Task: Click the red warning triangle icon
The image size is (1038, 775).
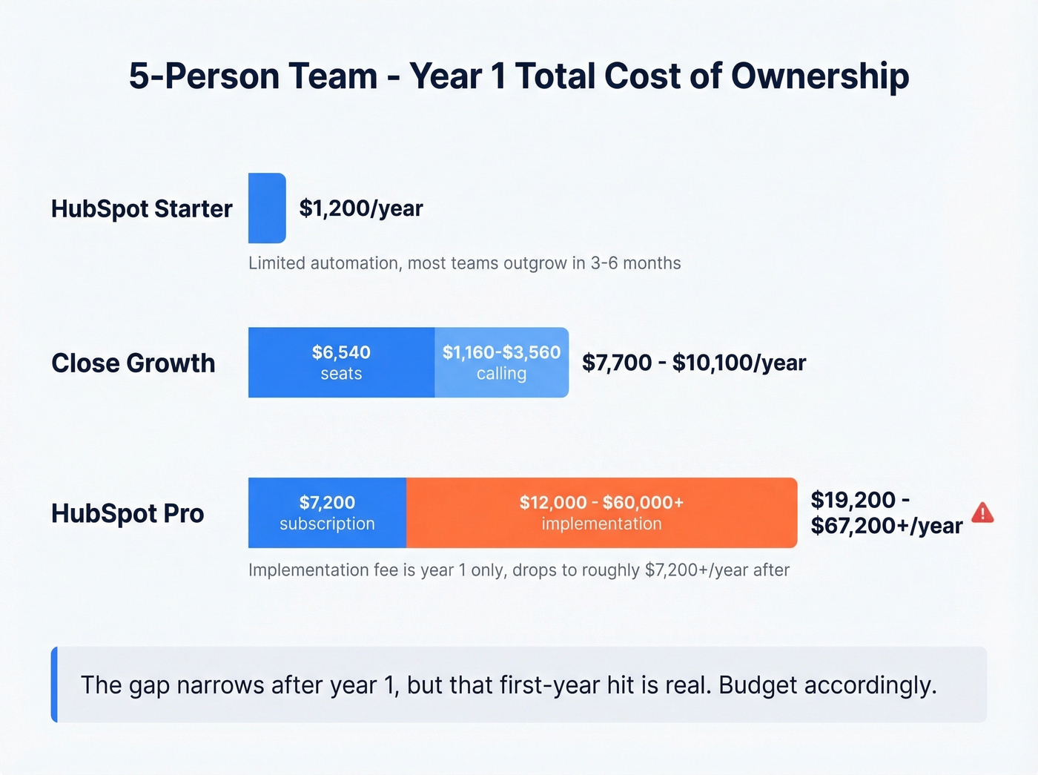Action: pyautogui.click(x=982, y=513)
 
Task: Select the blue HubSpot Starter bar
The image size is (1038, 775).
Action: pyautogui.click(x=267, y=208)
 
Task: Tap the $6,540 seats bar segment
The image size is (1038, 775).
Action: pyautogui.click(x=341, y=363)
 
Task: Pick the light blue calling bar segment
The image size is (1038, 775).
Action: pyautogui.click(x=501, y=363)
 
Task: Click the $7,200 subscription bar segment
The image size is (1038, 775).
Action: pyautogui.click(x=327, y=513)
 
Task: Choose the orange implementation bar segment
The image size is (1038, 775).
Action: pyautogui.click(x=601, y=513)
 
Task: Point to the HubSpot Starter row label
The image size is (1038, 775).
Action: pyautogui.click(x=142, y=209)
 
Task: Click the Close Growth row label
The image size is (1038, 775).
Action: pyautogui.click(x=133, y=363)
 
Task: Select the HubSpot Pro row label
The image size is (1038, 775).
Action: pyautogui.click(x=128, y=514)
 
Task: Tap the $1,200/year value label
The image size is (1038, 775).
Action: pyautogui.click(x=361, y=208)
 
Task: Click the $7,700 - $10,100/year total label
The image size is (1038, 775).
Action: pyautogui.click(x=694, y=363)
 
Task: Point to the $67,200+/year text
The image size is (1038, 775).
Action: pyautogui.click(x=887, y=526)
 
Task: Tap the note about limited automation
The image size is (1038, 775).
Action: pyautogui.click(x=464, y=263)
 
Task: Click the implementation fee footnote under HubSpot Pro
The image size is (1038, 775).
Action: pyautogui.click(x=519, y=570)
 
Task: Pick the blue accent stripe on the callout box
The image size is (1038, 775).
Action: pyautogui.click(x=54, y=685)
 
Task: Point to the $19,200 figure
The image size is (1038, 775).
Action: pyautogui.click(x=853, y=500)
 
